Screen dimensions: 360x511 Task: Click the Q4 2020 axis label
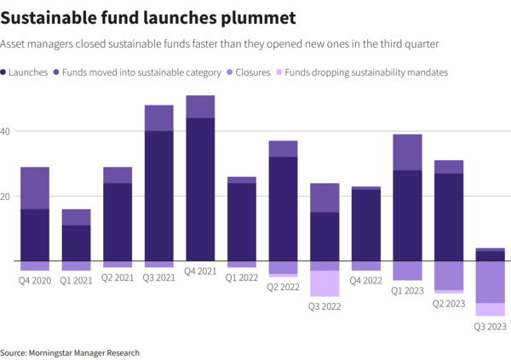[35, 278]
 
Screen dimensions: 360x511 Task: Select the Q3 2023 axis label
[491, 326]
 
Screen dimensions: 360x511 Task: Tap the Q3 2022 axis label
[324, 306]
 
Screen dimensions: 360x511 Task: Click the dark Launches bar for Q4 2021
[200, 189]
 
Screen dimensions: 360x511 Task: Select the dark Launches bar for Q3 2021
[158, 196]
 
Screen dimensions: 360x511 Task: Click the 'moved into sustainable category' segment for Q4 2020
[35, 188]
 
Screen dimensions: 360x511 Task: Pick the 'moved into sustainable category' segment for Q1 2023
[407, 152]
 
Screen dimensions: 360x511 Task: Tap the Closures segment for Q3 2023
[491, 282]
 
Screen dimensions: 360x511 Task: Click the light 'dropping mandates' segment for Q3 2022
[324, 283]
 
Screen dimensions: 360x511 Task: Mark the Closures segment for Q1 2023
[407, 271]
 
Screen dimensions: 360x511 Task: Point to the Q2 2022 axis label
[283, 288]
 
